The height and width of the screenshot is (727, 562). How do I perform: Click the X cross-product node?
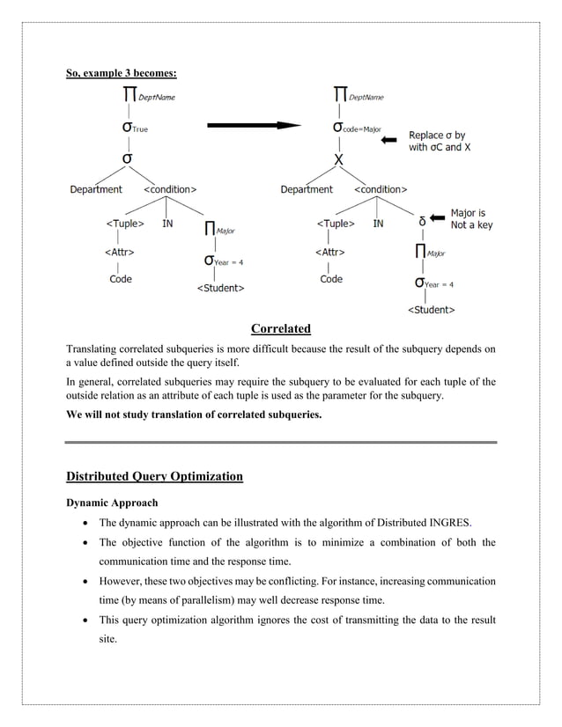click(338, 160)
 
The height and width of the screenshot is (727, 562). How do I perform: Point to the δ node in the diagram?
click(423, 221)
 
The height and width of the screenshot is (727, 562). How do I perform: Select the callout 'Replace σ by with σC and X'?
click(440, 142)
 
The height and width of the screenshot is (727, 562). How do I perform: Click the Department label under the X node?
click(307, 189)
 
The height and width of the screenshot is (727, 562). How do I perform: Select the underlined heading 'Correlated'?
click(281, 329)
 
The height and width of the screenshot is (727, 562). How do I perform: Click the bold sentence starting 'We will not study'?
click(194, 413)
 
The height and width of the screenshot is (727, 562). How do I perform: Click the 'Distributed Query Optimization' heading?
click(154, 476)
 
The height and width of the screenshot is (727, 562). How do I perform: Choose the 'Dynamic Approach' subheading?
click(112, 503)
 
